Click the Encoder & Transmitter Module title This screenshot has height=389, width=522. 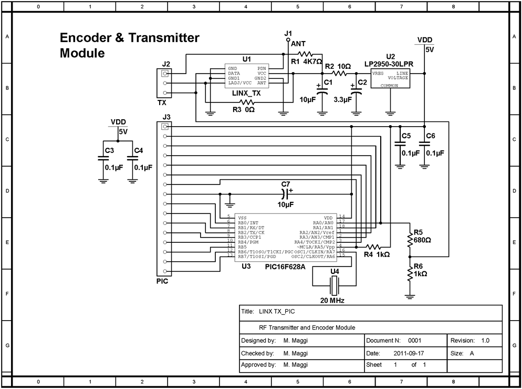coord(129,45)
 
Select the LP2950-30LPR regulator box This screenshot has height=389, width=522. coord(390,79)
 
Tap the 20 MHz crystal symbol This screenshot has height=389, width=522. coord(334,285)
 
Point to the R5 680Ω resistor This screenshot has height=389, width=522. coord(410,239)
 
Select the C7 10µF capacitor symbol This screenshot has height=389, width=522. coord(286,194)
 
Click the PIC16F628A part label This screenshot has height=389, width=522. coord(286,267)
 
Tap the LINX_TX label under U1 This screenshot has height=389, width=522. coord(246,93)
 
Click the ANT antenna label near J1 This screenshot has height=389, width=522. coord(298,44)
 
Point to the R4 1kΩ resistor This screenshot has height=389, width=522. coord(372,247)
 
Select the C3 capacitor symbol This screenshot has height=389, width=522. coord(103,159)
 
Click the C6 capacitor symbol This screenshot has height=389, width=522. coord(425,144)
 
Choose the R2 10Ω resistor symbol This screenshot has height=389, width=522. coord(340,74)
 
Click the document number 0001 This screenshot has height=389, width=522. coord(414,341)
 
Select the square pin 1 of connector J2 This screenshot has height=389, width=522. coord(166,74)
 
